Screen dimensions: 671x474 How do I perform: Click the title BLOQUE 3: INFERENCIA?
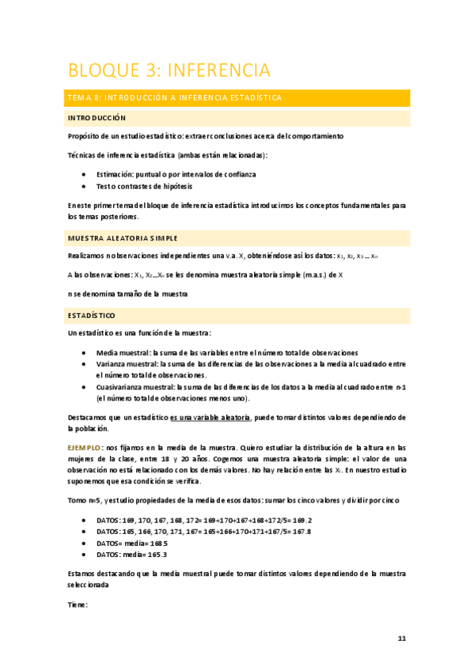tap(169, 70)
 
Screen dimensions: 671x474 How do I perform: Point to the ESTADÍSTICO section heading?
tap(92, 315)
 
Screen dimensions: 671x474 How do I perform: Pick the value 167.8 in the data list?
tap(301, 532)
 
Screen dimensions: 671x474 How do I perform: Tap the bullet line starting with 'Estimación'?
tap(176, 173)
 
